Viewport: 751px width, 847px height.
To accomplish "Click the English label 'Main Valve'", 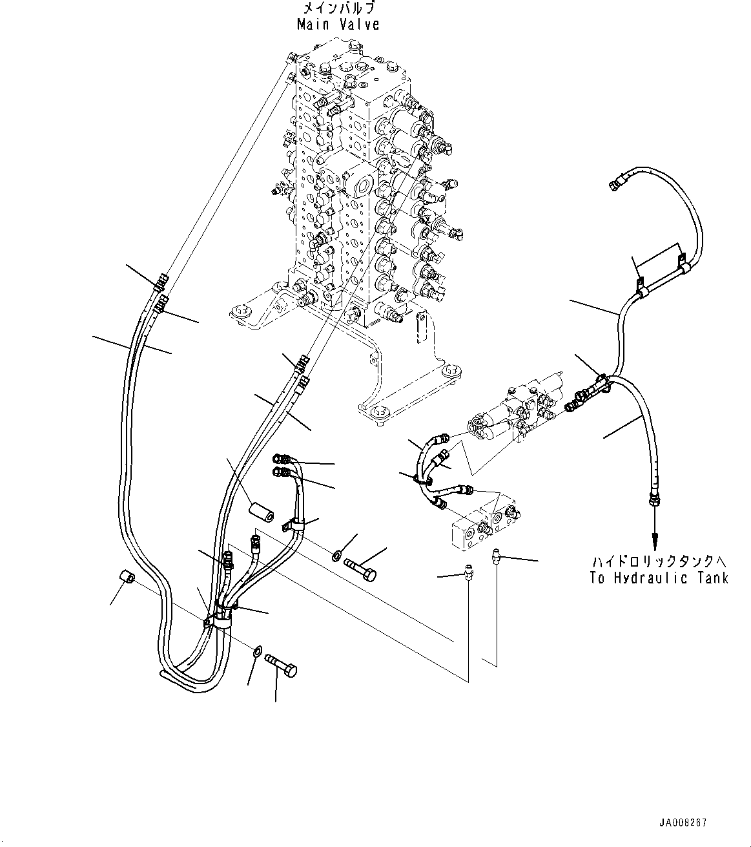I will pyautogui.click(x=338, y=25).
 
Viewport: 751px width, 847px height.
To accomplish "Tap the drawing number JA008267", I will pyautogui.click(x=683, y=823).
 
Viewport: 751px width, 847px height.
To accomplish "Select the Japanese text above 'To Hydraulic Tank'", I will pyautogui.click(x=659, y=560).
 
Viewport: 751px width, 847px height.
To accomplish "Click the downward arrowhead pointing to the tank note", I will pyautogui.click(x=655, y=538).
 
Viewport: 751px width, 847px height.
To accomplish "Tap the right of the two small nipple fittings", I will pyautogui.click(x=497, y=555).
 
